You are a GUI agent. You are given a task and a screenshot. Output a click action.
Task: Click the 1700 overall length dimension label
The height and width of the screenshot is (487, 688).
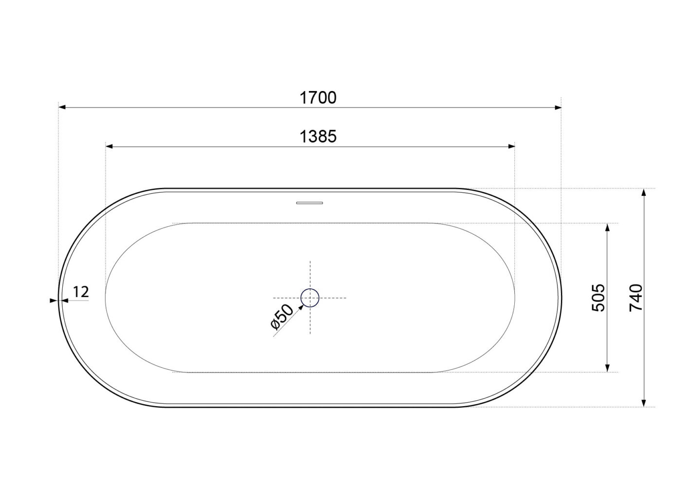click(318, 98)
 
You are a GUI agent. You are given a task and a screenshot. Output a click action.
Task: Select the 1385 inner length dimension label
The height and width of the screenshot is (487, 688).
click(318, 136)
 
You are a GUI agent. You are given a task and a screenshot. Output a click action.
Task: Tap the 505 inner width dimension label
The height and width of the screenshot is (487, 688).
click(598, 298)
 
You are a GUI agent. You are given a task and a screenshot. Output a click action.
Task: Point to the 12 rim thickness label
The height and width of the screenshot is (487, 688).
click(81, 292)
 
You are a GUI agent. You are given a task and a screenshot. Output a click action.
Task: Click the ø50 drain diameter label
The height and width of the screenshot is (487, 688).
click(282, 317)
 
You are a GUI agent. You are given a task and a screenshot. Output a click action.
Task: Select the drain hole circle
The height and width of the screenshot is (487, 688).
click(310, 298)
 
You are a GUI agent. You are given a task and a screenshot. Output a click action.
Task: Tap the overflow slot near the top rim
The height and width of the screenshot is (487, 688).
click(309, 203)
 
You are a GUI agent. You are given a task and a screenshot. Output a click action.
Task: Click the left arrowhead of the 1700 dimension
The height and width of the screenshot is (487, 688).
click(62, 107)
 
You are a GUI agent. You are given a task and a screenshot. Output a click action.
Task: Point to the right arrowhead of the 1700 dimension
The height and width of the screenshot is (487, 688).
click(558, 107)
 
